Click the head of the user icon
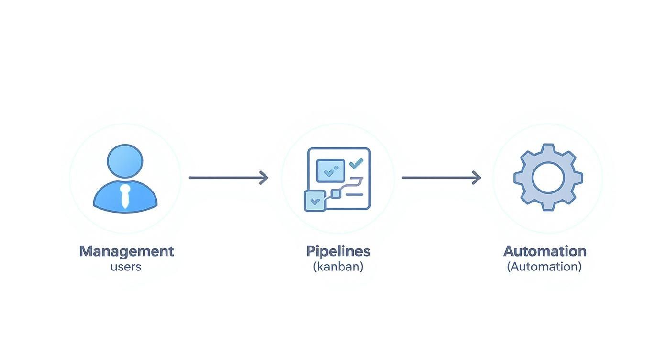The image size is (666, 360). (125, 161)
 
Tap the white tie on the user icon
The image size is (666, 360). (125, 196)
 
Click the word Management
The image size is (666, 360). (126, 251)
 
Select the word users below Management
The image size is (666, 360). (126, 267)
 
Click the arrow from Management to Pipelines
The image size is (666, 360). (225, 178)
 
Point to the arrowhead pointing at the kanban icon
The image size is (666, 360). (264, 178)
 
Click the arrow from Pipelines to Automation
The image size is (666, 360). (438, 178)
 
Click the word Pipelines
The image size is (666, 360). (338, 251)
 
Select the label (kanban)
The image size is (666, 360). (338, 267)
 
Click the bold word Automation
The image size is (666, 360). (544, 251)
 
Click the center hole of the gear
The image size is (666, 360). (548, 177)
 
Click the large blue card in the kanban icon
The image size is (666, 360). (331, 170)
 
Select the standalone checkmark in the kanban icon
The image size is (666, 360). (356, 164)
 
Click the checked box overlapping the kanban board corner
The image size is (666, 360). (315, 201)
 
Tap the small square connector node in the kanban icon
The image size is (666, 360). (336, 193)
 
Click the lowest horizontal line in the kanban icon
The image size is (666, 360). (354, 194)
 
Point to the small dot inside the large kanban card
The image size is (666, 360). (337, 168)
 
